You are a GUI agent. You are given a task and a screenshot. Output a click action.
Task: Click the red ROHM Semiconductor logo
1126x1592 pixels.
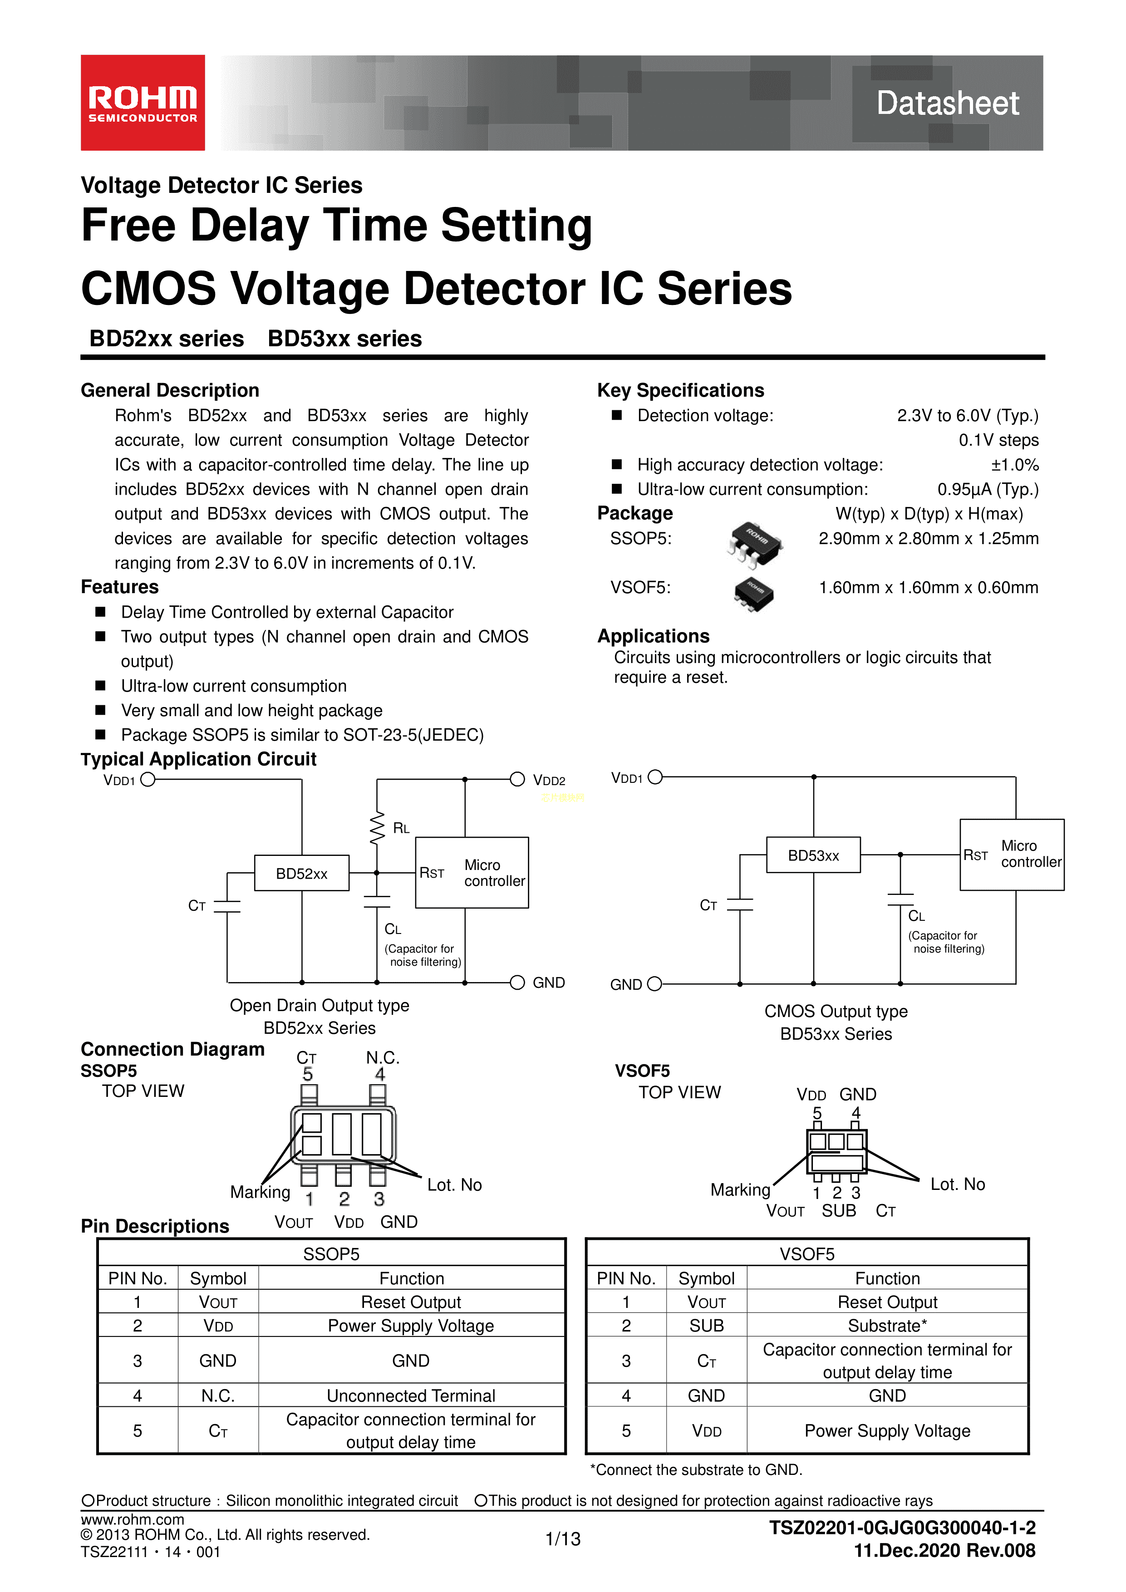[x=143, y=103]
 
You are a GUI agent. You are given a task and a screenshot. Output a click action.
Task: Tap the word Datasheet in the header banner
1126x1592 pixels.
[x=947, y=103]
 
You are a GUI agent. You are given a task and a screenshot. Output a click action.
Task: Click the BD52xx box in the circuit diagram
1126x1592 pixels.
[x=302, y=873]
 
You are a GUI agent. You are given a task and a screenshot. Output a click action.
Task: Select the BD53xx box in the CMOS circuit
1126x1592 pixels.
[x=813, y=855]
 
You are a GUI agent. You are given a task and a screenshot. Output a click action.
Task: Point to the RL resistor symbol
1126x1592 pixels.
[x=377, y=828]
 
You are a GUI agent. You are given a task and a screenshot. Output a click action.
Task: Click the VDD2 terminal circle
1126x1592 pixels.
[x=517, y=779]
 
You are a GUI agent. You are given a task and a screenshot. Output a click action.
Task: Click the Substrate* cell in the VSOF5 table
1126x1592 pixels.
[x=887, y=1326]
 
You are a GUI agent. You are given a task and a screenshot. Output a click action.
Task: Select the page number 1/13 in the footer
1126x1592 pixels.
[x=563, y=1538]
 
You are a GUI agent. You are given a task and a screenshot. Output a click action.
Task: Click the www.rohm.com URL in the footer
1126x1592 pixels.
[x=133, y=1519]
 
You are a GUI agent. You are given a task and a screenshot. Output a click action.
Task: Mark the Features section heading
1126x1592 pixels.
[x=120, y=587]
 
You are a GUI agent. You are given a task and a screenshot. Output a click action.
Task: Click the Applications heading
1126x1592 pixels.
[x=653, y=636]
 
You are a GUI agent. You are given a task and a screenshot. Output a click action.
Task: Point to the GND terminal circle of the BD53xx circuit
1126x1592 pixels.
[x=654, y=984]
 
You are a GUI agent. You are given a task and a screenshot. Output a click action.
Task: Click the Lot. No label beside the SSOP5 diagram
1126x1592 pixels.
[x=454, y=1185]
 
